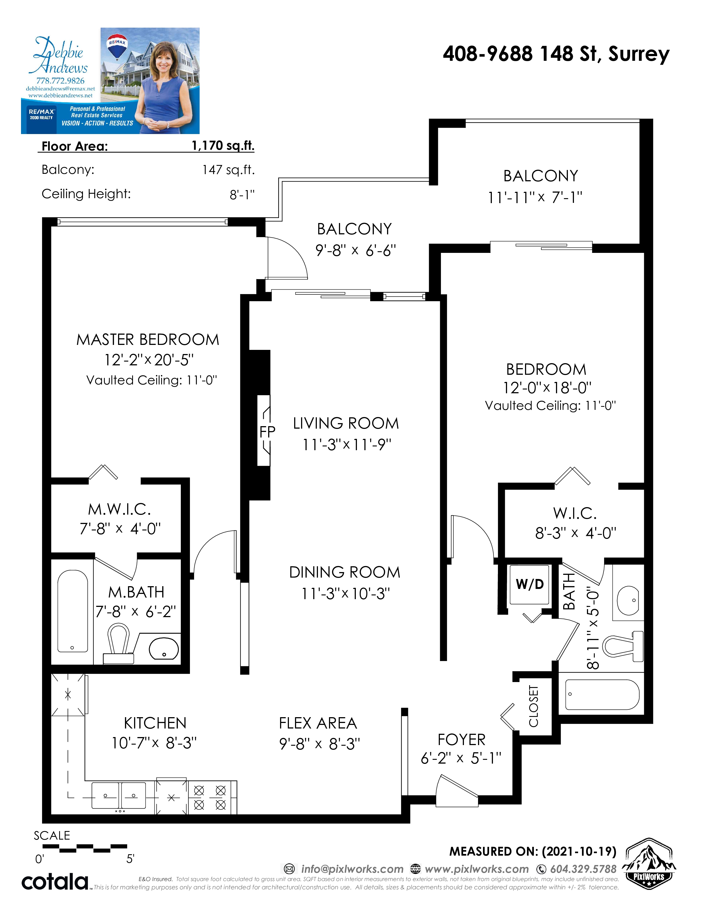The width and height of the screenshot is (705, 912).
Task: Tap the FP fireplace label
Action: click(267, 432)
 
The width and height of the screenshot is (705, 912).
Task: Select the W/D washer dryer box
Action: click(530, 584)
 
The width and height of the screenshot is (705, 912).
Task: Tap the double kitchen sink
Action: click(119, 796)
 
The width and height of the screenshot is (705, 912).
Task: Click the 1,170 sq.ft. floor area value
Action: click(223, 145)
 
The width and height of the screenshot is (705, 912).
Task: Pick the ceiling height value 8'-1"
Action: click(242, 195)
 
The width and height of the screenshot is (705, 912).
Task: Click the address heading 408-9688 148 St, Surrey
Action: click(556, 54)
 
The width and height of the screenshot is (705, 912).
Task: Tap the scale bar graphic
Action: click(85, 848)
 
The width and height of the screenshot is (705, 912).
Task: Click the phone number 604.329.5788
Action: click(583, 869)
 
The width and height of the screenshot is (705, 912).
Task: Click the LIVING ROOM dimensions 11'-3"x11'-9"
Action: click(347, 445)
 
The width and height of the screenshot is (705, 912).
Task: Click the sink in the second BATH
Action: click(629, 601)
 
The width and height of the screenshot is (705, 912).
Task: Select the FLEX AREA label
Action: click(318, 723)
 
